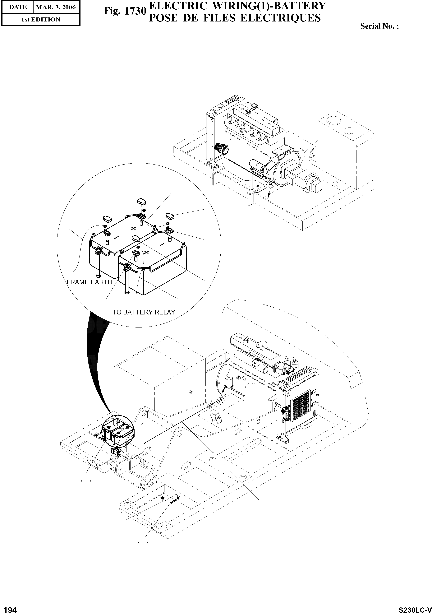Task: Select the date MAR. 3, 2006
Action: (56, 7)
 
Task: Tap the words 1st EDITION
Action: (41, 20)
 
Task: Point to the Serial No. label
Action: (379, 26)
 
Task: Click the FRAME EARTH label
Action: (89, 282)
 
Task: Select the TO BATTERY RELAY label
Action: (144, 312)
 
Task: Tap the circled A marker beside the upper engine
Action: (270, 184)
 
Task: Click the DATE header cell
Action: (18, 7)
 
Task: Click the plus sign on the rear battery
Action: (134, 228)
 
